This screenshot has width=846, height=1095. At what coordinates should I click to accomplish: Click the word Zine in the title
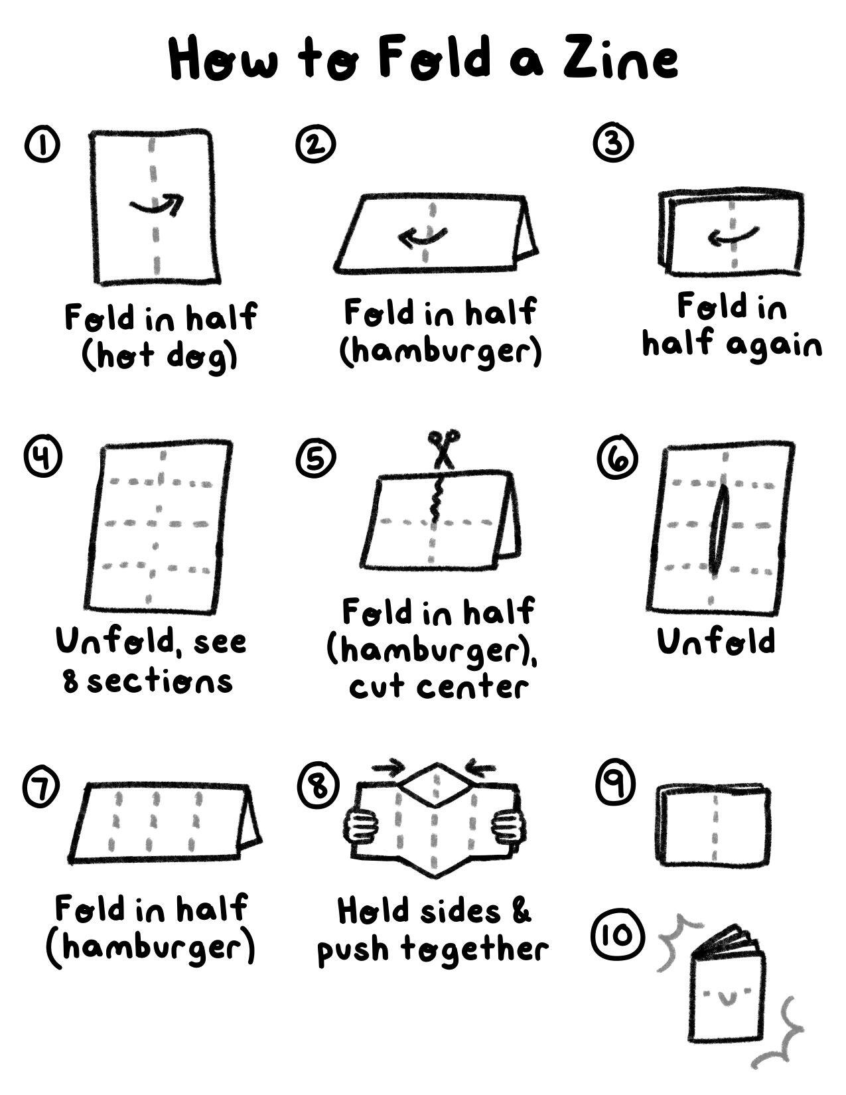pyautogui.click(x=620, y=60)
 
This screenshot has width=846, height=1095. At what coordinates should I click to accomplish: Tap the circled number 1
pyautogui.click(x=42, y=145)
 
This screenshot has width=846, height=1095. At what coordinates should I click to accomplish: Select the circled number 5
pyautogui.click(x=315, y=457)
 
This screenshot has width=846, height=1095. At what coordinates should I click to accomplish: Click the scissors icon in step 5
pyautogui.click(x=443, y=448)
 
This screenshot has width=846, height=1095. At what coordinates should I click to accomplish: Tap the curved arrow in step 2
pyautogui.click(x=422, y=237)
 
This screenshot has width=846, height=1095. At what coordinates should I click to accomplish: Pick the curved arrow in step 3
pyautogui.click(x=733, y=235)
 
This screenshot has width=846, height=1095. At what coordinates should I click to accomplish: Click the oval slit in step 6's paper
pyautogui.click(x=718, y=529)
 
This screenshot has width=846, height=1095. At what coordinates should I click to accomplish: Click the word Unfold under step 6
pyautogui.click(x=716, y=642)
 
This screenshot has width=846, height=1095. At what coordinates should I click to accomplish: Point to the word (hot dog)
pyautogui.click(x=159, y=357)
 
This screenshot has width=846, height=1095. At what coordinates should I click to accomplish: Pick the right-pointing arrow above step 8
pyautogui.click(x=388, y=768)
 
